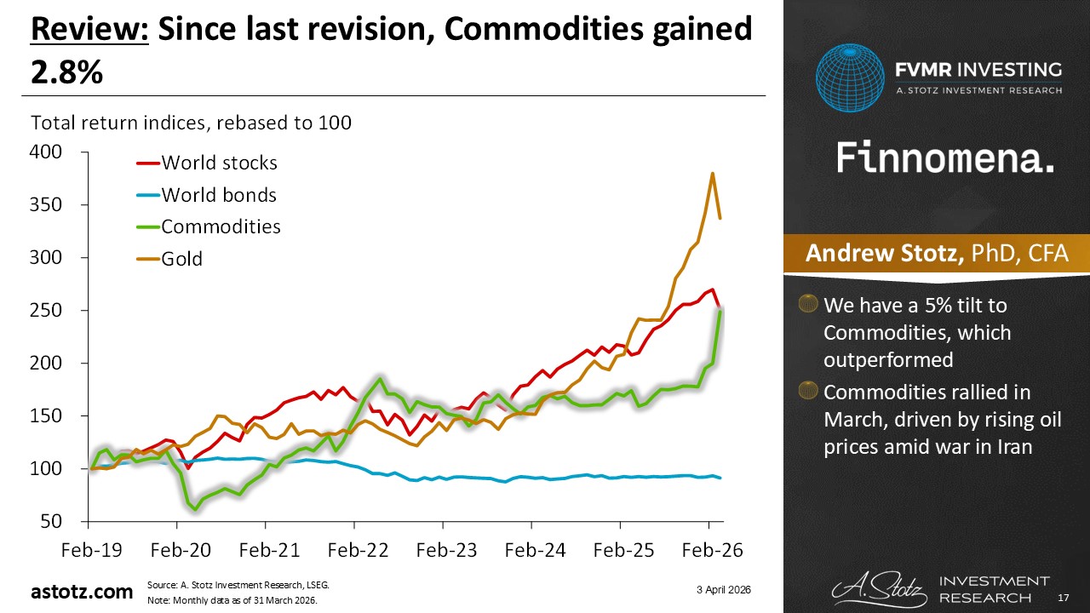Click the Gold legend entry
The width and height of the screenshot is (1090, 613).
coord(181,258)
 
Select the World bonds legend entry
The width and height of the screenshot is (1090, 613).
coord(218,195)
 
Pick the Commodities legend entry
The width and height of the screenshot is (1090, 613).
coord(221,226)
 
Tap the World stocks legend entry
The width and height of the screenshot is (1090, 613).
coord(219,163)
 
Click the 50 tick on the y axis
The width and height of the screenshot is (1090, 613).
coord(53,521)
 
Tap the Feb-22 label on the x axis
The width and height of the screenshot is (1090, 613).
coord(353,552)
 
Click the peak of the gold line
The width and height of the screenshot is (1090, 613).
coord(712,174)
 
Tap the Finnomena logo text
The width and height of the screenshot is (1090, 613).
coord(945,158)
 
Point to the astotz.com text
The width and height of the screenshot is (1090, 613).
coord(82,592)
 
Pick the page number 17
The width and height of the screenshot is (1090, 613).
coord(1064,599)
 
